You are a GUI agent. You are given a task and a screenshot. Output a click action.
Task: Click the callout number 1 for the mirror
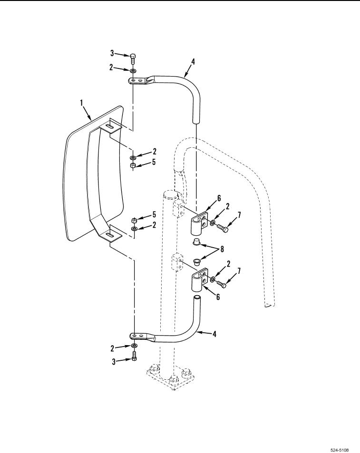click(81, 103)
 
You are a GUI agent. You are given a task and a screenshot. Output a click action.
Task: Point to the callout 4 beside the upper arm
click(193, 61)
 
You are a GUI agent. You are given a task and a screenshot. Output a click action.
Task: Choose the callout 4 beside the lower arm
click(214, 334)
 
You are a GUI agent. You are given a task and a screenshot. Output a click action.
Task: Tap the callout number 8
click(222, 249)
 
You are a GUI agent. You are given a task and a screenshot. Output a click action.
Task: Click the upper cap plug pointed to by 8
click(197, 241)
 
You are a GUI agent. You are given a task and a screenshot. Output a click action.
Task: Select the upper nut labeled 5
click(133, 165)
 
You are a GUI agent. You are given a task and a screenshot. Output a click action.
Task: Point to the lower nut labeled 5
click(134, 221)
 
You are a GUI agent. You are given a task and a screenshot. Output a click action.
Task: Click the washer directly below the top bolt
click(133, 70)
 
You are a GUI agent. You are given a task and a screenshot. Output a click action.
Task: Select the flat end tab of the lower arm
click(140, 336)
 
